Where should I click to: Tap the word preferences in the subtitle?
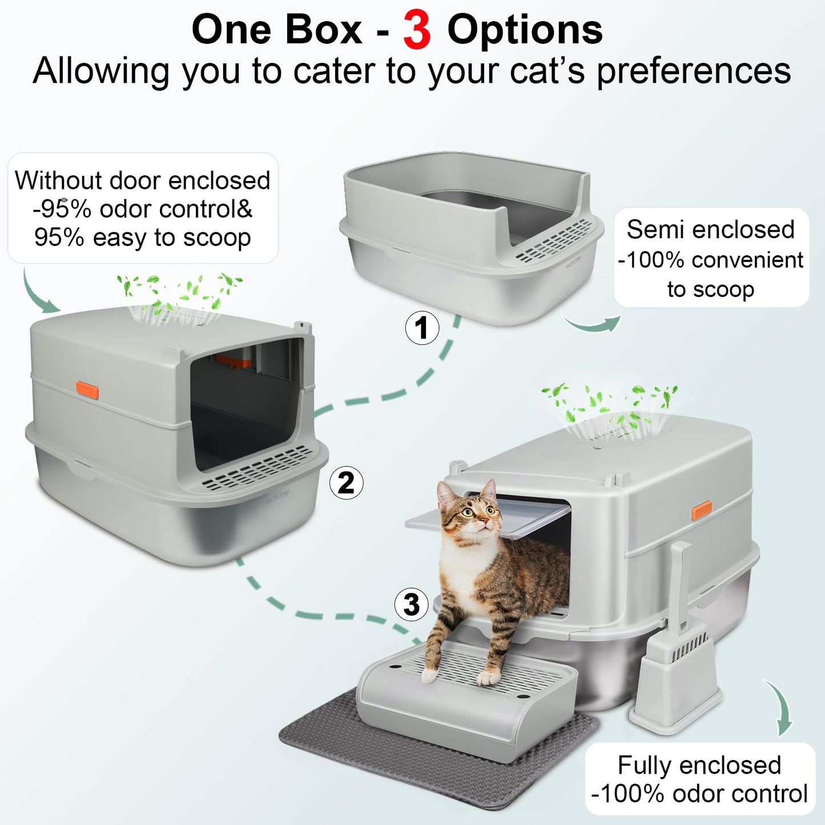point(694,71)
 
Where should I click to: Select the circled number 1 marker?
point(422,328)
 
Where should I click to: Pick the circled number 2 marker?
point(346,484)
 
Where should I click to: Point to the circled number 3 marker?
point(412,605)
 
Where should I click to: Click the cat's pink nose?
point(483,520)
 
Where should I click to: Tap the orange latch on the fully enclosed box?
point(702,510)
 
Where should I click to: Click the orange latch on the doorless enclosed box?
point(88,391)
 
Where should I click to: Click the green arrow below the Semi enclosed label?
point(592,324)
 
